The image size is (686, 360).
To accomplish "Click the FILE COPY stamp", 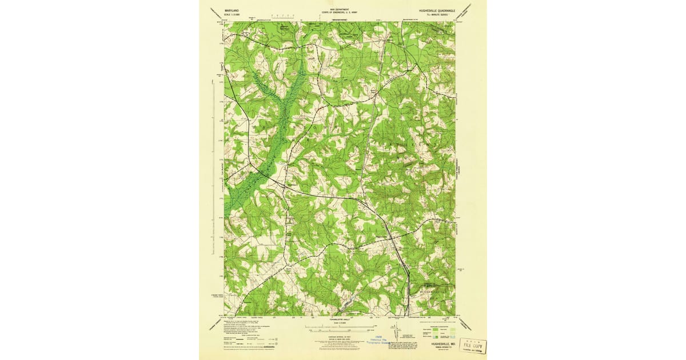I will [473, 346].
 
